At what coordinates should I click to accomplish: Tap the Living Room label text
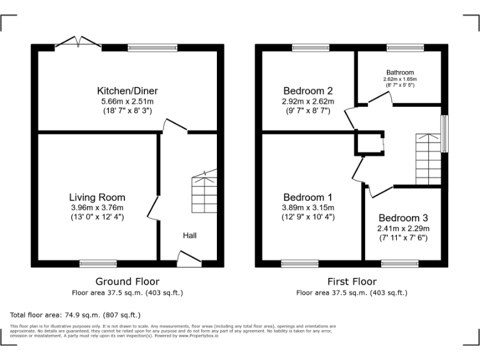pos(97,197)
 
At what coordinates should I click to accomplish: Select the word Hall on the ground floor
pos(189,236)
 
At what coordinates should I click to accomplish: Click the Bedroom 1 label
pos(308,197)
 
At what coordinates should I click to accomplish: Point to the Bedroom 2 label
pos(308,90)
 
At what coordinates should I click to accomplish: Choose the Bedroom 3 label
pos(403,218)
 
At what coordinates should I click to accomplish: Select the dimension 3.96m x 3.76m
pos(97,207)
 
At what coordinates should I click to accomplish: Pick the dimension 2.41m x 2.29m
pos(403,228)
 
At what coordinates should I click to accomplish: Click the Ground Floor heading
pos(127,281)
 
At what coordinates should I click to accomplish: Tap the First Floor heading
pos(351,281)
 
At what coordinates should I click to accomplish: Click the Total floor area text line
pos(76,315)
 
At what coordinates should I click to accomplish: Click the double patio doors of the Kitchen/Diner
pos(78,43)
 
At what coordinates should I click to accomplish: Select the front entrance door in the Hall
pos(189,258)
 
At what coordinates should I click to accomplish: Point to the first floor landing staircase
pos(428,159)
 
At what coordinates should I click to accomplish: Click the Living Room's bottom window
pos(97,264)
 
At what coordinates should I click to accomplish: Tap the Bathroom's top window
pos(399,47)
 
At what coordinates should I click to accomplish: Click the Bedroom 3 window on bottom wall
pos(399,264)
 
